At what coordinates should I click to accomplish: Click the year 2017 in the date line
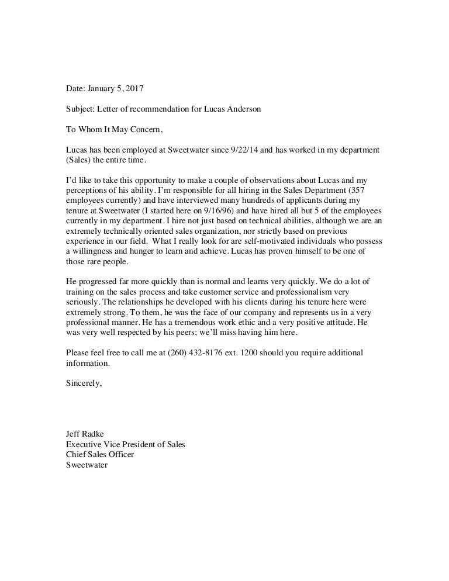click(133, 89)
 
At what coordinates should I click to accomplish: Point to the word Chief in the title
click(76, 454)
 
